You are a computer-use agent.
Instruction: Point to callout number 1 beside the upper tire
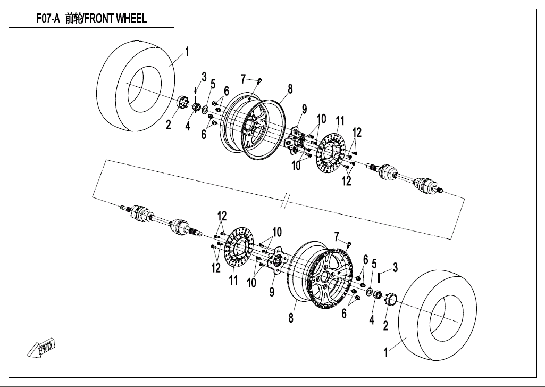coord(187,52)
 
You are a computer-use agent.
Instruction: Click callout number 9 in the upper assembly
coord(304,109)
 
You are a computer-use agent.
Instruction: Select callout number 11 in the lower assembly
coord(233,280)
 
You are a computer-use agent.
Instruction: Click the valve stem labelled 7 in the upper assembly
coord(259,81)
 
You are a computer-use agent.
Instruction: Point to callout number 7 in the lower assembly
coord(336,235)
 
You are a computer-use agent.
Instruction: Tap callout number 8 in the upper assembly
coord(290,89)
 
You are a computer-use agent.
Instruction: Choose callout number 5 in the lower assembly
coord(374,264)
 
